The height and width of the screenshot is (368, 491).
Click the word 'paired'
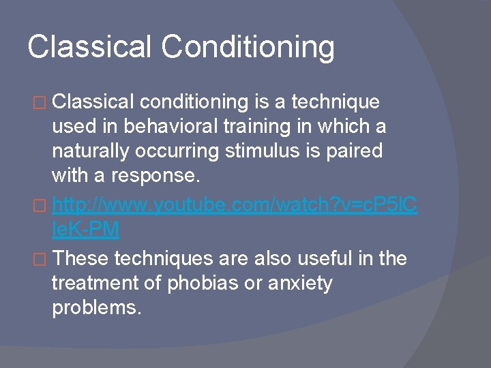[x=356, y=151]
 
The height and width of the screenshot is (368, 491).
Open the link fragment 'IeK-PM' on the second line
[x=85, y=230]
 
